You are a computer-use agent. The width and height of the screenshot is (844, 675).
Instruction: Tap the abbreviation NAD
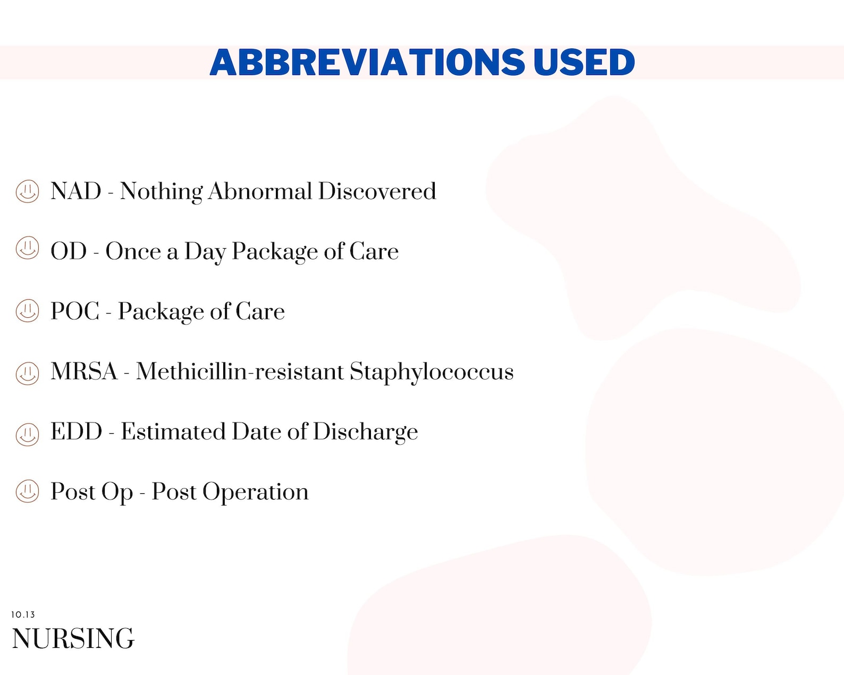[76, 191]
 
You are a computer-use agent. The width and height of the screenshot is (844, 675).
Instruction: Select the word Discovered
[377, 191]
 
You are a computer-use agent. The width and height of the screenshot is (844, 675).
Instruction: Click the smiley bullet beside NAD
[27, 191]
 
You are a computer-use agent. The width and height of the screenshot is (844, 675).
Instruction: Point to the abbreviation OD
[69, 251]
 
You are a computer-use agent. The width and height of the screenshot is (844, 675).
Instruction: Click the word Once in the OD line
[133, 251]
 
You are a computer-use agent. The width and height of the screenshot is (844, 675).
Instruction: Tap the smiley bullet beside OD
[27, 248]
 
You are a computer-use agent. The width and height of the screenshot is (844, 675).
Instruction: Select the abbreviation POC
[75, 311]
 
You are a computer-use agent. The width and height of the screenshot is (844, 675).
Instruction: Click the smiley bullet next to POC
[27, 311]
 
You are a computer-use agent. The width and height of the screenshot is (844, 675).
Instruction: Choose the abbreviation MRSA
[84, 372]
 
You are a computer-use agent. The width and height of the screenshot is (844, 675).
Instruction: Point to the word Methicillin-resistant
[240, 372]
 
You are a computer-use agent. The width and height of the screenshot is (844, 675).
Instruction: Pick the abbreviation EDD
[77, 432]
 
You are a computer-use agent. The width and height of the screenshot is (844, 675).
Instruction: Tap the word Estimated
[173, 432]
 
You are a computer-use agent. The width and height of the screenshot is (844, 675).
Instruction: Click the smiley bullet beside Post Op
[27, 491]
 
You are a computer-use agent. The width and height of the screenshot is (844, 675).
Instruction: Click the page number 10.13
[23, 615]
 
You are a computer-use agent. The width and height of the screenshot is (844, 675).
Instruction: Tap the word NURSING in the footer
[73, 639]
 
